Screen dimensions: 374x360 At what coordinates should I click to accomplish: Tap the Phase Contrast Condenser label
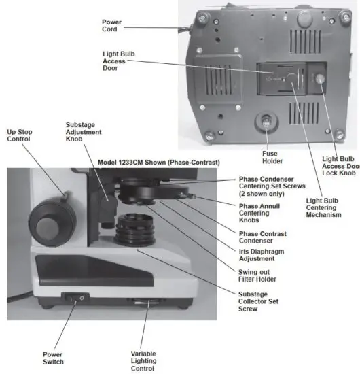coord(263,237)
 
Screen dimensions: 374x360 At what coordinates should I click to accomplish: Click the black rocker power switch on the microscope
coord(74,297)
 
